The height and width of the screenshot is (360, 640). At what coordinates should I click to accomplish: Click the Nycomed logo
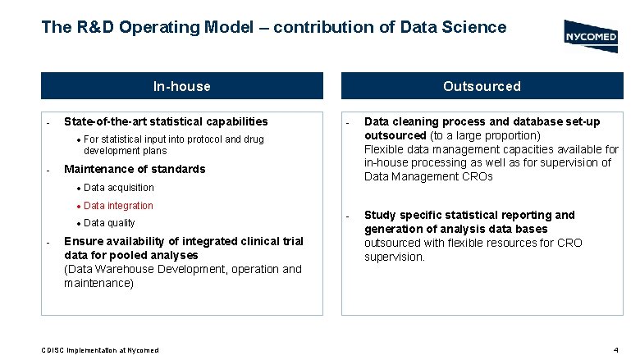pos(591,36)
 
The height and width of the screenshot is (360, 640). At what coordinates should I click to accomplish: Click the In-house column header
pos(182,86)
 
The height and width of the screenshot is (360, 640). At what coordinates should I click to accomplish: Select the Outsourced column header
pos(482,86)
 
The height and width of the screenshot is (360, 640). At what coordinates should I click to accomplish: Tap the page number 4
pos(615,350)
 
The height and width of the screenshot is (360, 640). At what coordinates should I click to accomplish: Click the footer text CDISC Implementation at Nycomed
pos(100,350)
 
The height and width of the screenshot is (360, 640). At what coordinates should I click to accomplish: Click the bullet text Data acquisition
pos(118,188)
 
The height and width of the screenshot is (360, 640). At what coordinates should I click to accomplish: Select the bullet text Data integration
pos(118,206)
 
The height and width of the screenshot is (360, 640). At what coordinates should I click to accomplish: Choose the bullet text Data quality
pos(109,223)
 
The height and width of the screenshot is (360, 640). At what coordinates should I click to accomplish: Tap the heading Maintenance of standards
pos(135,169)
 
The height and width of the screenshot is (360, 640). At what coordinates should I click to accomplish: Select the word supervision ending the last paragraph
pos(395,257)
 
